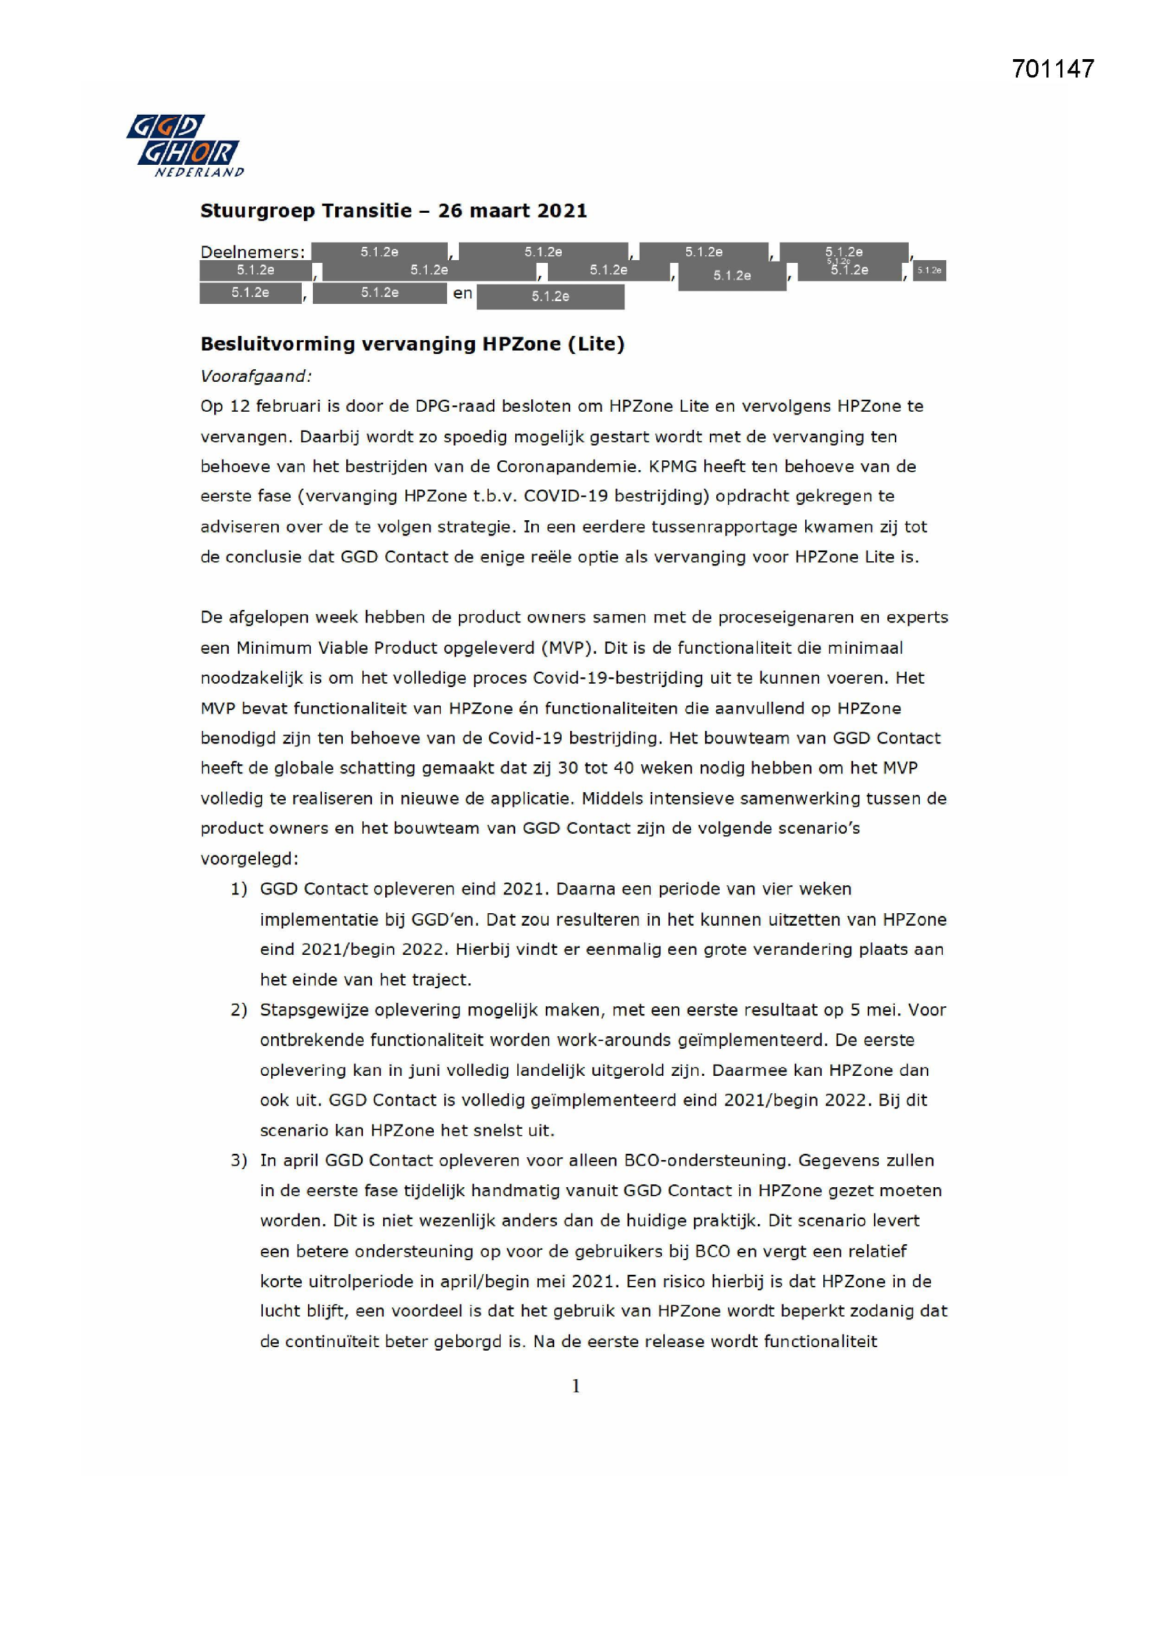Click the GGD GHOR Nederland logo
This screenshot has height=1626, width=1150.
186,145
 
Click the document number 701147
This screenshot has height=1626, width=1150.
1052,69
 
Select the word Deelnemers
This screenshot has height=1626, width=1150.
252,252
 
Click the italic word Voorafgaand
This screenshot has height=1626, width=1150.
256,376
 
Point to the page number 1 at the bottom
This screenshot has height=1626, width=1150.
576,1386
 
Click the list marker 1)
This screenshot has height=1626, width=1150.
238,889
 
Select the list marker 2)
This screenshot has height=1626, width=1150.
238,1010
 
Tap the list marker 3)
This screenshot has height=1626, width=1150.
238,1161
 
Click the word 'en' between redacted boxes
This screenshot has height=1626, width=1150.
462,293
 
